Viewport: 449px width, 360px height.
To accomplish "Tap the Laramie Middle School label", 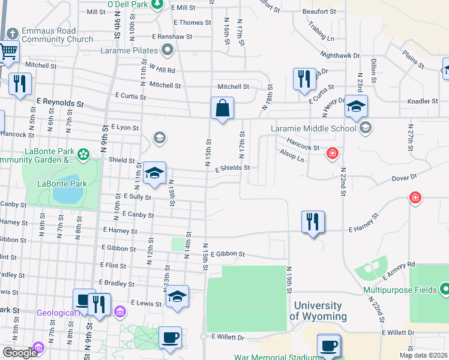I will click(x=313, y=128).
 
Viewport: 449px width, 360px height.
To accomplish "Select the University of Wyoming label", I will click(x=318, y=311).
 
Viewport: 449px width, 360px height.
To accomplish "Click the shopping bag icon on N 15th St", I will click(x=222, y=109).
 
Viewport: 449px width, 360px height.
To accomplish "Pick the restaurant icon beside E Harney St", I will click(x=312, y=223).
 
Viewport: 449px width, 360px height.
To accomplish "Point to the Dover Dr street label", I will click(x=404, y=178).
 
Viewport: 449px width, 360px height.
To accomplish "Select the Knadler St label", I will click(x=423, y=101).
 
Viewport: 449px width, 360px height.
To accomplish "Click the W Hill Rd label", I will click(x=162, y=70).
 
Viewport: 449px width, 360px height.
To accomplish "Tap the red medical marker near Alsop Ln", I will click(x=331, y=154).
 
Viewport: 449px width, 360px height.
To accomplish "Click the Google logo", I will click(x=20, y=353).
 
